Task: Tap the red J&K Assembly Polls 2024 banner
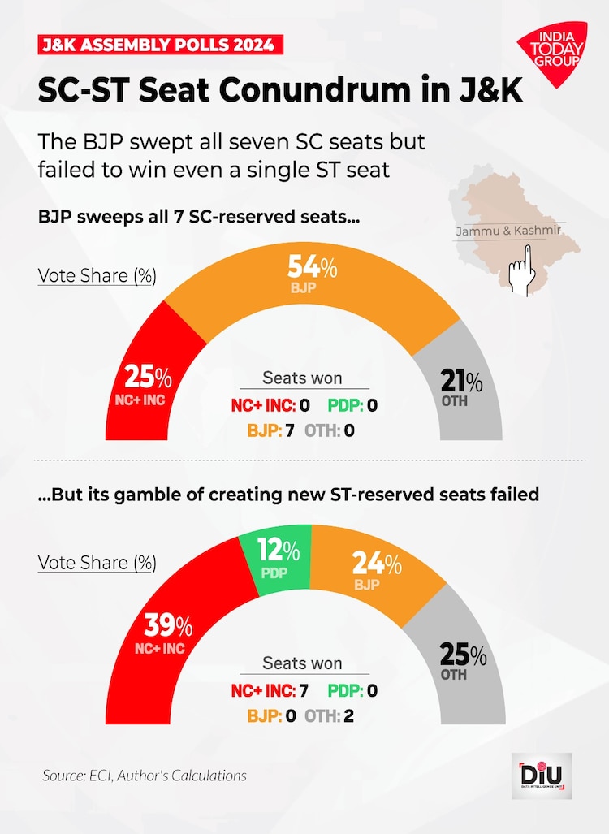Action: click(x=161, y=45)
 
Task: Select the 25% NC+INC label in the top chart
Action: click(x=147, y=383)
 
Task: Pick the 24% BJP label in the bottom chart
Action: click(x=377, y=568)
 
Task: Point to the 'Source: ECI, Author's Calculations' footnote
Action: click(x=145, y=776)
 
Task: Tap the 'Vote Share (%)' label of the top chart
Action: click(x=97, y=275)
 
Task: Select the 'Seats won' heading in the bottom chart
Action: click(x=302, y=663)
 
